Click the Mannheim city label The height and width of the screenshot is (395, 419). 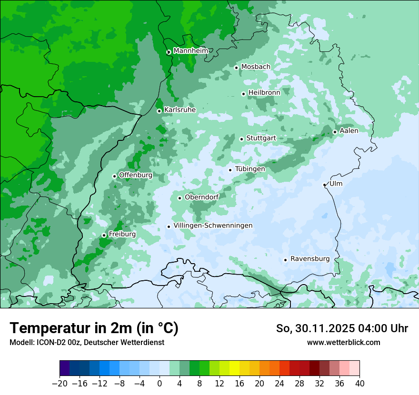(190, 50)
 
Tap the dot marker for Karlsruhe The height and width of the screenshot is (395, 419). (159, 111)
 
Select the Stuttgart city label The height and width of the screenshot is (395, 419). (261, 138)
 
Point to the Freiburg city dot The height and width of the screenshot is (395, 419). (104, 235)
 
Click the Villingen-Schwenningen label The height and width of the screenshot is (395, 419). (213, 226)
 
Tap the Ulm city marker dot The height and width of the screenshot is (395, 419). (324, 185)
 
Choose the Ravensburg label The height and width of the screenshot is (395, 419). (310, 259)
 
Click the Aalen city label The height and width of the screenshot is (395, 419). (349, 130)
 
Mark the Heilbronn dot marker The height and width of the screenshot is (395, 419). (243, 94)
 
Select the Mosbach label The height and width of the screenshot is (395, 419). (256, 67)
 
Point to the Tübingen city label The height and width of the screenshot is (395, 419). (250, 169)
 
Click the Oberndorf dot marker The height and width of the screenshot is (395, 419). (180, 198)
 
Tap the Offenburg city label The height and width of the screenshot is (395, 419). (136, 175)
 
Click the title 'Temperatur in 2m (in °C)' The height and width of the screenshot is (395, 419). (94, 328)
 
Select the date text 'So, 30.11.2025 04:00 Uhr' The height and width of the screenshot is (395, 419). (342, 328)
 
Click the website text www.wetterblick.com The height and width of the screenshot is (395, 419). (343, 342)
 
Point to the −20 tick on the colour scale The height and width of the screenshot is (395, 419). (60, 384)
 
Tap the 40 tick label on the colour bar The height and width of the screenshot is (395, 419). (359, 384)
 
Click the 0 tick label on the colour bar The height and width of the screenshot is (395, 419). (160, 384)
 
